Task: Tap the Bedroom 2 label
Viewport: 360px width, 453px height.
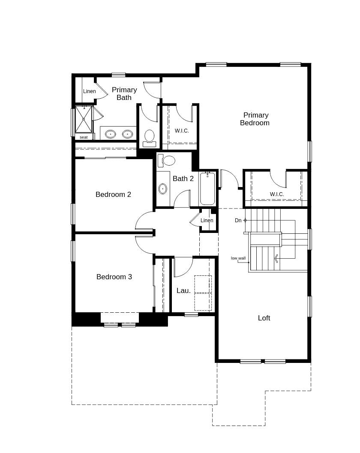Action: [x=113, y=194]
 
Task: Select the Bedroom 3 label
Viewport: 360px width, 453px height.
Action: [x=114, y=277]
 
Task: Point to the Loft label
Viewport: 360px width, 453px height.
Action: [x=264, y=318]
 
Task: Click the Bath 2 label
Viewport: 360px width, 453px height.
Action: [x=183, y=178]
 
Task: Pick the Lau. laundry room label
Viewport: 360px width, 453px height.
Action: [x=183, y=290]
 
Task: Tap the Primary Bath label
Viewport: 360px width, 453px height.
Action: [x=124, y=94]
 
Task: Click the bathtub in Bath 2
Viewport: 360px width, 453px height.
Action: [x=207, y=189]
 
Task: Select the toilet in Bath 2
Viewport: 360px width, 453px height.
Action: [x=167, y=160]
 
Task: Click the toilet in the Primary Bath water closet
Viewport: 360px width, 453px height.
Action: [x=149, y=137]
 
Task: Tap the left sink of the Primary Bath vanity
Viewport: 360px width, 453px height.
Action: [x=111, y=134]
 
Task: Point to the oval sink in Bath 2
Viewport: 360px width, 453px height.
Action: [x=163, y=188]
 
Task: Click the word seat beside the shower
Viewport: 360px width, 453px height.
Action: [x=84, y=137]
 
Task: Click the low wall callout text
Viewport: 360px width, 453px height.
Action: [x=238, y=258]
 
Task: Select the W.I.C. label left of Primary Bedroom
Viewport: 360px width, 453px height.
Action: [x=182, y=131]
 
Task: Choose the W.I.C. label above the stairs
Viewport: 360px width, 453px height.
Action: [x=277, y=194]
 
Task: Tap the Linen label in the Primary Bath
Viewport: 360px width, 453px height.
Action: [x=90, y=91]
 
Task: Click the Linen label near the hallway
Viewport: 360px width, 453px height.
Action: [x=207, y=220]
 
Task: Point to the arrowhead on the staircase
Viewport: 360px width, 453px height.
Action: [x=276, y=258]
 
